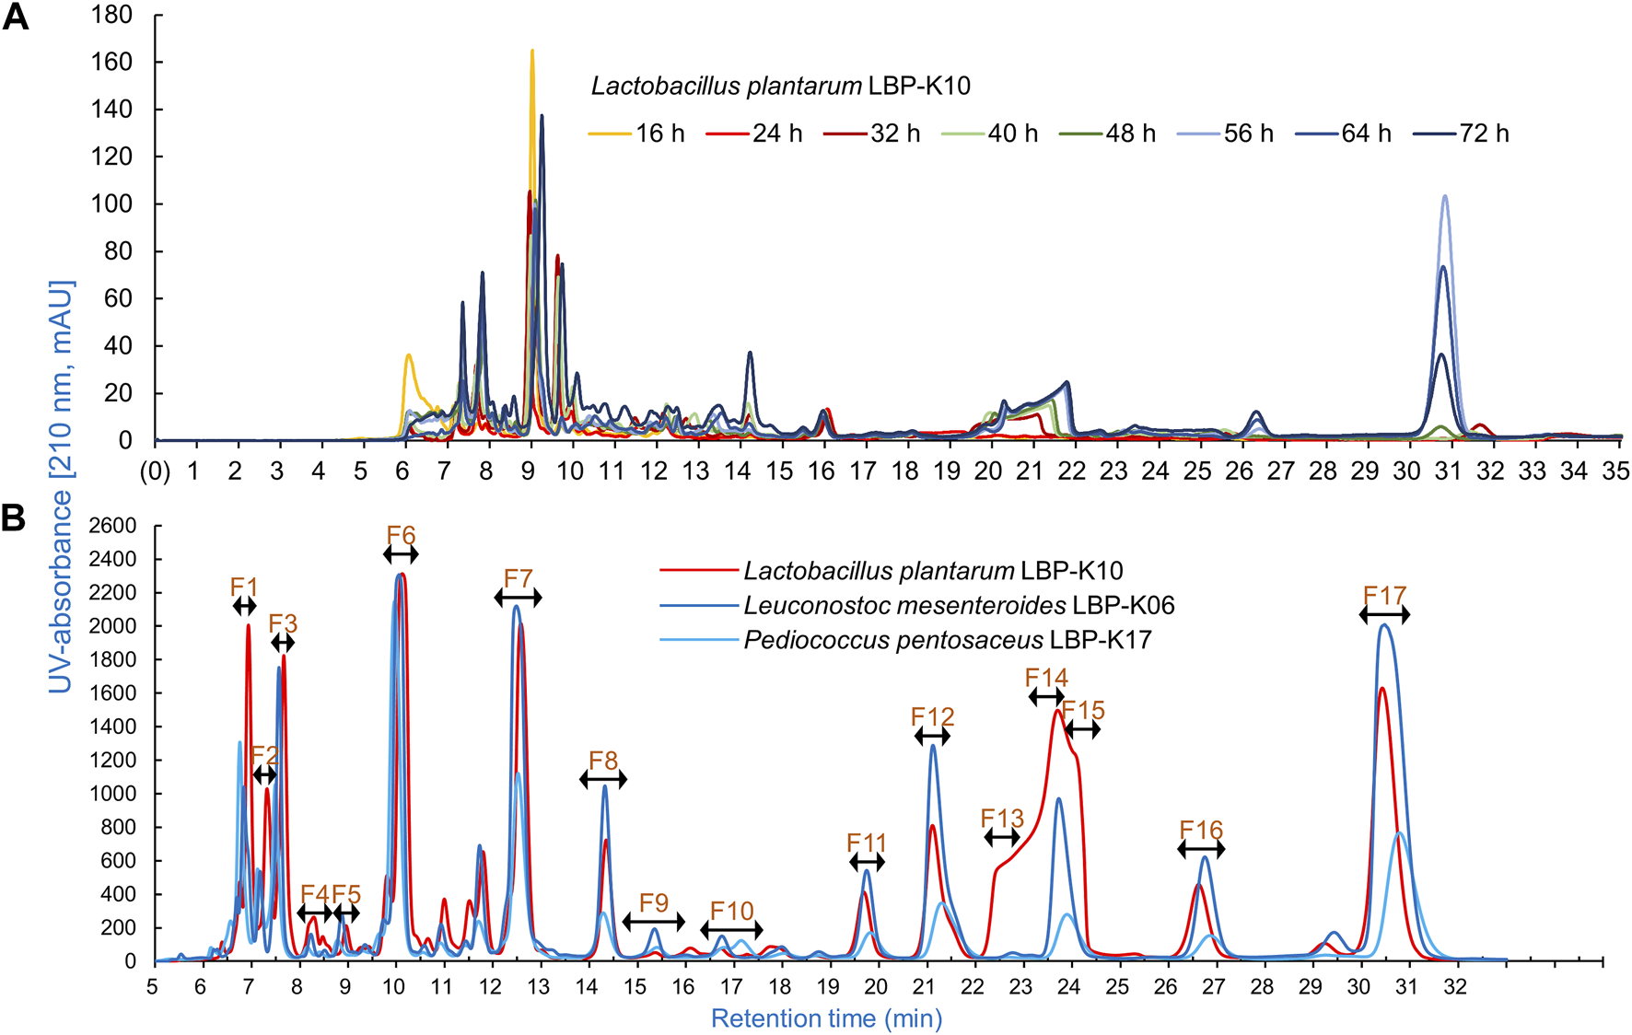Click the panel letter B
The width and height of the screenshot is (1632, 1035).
(14, 518)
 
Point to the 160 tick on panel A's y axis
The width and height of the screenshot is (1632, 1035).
(111, 63)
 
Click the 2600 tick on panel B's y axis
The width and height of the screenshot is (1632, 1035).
(112, 526)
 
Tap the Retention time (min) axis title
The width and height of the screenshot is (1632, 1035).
(826, 1018)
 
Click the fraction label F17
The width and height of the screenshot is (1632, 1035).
(1384, 596)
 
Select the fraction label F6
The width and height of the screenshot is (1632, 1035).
(401, 535)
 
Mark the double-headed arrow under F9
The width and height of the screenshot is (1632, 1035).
(654, 921)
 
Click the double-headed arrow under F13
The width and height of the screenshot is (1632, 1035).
(1002, 837)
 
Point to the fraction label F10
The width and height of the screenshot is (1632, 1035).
(731, 911)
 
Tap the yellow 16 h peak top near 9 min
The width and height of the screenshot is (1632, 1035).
(532, 52)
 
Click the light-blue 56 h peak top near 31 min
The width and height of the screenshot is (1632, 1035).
(1445, 196)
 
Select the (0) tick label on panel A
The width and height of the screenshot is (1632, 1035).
(155, 471)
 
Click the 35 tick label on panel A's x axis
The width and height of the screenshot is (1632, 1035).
(1615, 471)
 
